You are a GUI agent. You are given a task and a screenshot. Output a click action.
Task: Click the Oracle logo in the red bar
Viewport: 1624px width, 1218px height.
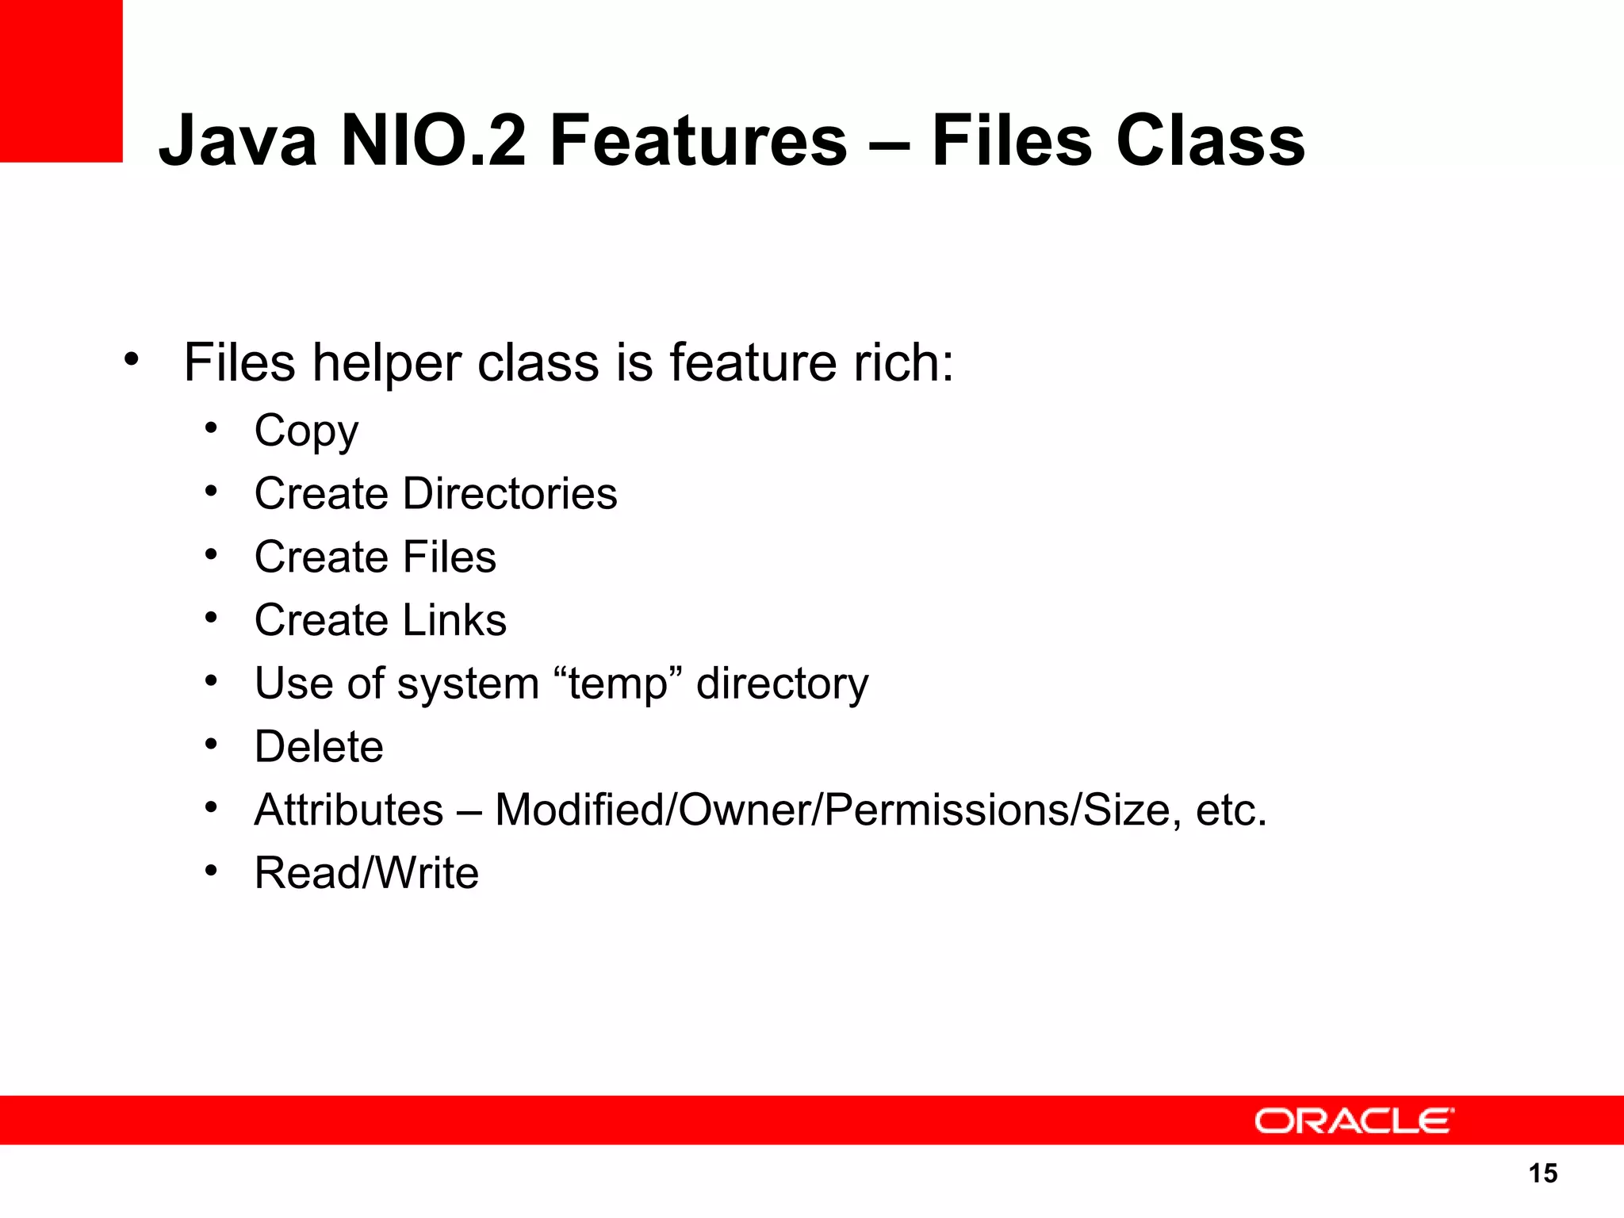[1354, 1121]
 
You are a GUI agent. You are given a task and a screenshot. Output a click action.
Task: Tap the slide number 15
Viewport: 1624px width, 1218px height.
[1542, 1173]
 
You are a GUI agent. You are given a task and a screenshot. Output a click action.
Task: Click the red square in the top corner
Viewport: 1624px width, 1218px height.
[61, 80]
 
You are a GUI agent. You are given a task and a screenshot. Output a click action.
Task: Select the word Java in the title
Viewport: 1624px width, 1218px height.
[238, 141]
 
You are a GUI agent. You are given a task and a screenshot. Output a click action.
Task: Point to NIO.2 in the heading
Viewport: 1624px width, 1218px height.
[433, 141]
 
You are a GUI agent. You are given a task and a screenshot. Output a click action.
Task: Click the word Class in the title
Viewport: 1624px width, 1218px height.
[1210, 141]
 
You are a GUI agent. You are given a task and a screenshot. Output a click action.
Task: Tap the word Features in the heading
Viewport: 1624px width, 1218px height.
[699, 141]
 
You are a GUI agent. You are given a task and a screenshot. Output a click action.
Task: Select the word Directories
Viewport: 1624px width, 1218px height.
[510, 493]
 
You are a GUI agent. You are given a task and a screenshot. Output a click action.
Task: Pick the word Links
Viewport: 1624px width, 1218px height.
[454, 620]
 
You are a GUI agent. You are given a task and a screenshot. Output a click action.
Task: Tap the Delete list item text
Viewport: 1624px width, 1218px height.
[319, 747]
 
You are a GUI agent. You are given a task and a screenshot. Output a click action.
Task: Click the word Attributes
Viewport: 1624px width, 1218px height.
[349, 810]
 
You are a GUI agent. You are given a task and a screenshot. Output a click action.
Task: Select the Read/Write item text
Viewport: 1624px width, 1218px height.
[366, 873]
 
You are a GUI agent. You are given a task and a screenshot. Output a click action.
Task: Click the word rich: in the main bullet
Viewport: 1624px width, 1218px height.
[903, 363]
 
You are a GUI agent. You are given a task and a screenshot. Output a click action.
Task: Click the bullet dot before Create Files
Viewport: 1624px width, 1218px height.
[210, 555]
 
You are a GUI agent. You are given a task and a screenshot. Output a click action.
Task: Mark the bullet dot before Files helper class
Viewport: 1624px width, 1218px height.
[132, 361]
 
